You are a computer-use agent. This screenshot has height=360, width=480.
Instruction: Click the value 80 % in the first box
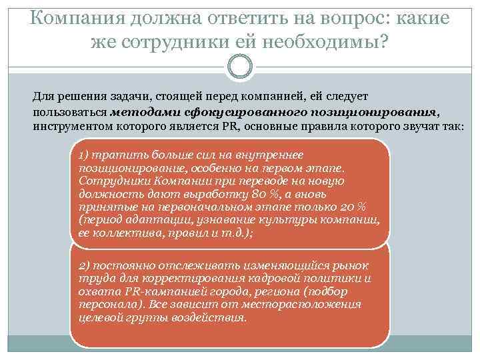tap(257, 194)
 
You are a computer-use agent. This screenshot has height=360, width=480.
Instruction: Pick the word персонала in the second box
tap(104, 305)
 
